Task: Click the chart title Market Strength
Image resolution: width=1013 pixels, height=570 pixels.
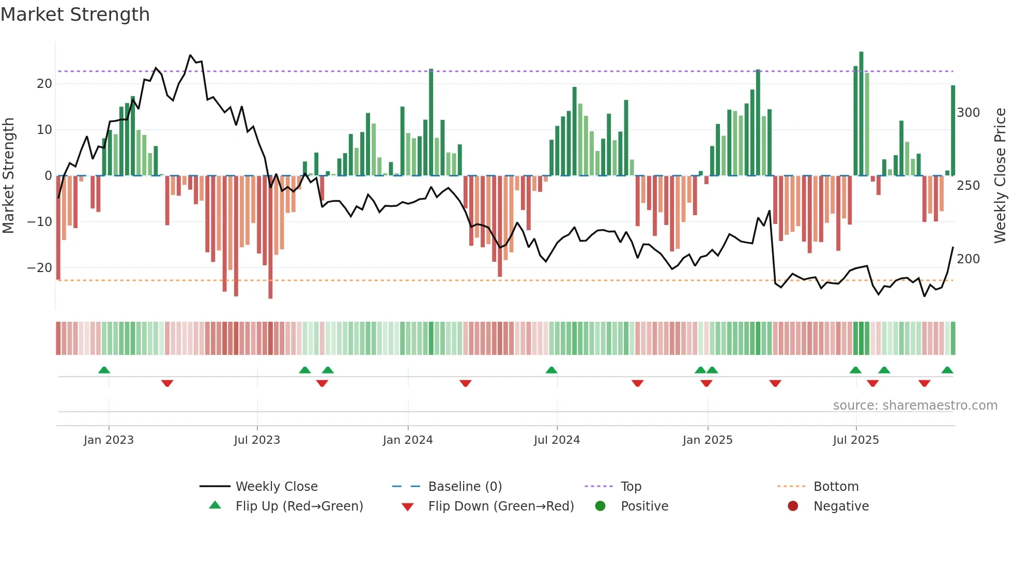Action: coord(75,14)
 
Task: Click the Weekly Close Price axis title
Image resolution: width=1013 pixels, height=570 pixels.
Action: coord(1000,176)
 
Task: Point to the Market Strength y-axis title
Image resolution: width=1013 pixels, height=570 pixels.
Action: coord(8,176)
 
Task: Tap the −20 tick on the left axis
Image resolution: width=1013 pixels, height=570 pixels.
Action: coord(40,268)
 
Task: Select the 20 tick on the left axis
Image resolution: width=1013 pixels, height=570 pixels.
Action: coord(44,84)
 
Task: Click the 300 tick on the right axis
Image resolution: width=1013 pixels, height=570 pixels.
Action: coord(968,113)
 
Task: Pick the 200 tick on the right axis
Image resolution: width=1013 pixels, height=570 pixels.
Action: coord(968,259)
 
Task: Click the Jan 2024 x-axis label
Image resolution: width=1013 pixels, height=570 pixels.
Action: coord(408,440)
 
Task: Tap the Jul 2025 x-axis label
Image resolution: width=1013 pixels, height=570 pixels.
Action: coord(856,440)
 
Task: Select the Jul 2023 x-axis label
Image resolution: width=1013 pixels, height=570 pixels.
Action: coord(257,440)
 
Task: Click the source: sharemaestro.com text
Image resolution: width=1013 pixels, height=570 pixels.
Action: coord(915,406)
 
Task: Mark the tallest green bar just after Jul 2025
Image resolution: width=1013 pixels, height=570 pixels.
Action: coord(861,114)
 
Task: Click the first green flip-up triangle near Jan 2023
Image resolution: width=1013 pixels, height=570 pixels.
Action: coord(104,370)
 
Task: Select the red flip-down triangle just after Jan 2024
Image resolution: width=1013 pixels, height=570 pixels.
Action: coord(465,383)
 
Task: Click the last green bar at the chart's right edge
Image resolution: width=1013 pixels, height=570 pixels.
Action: coord(953,130)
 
